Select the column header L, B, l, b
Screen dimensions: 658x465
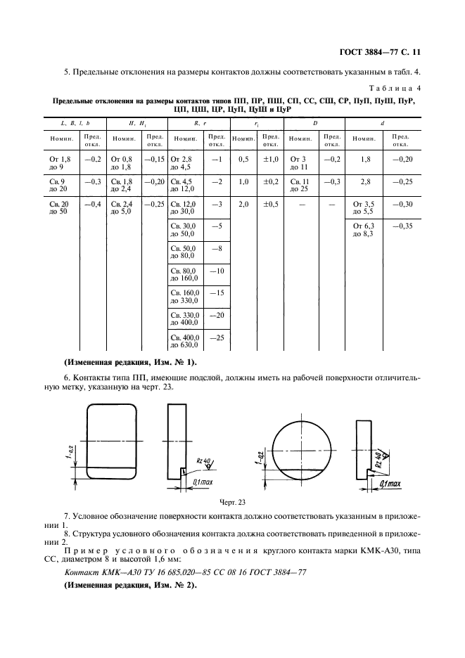[x=72, y=122]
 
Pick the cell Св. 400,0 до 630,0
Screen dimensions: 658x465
[x=186, y=342]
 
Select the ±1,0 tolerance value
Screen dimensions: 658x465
[x=271, y=160]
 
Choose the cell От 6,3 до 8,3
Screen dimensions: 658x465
[x=366, y=229]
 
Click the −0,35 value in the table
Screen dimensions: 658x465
[x=402, y=226]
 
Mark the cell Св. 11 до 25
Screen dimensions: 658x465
[x=300, y=185]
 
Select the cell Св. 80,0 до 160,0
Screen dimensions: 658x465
[x=186, y=275]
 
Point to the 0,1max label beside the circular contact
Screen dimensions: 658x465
[x=390, y=484]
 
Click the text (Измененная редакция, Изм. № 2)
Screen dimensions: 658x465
[x=130, y=585]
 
